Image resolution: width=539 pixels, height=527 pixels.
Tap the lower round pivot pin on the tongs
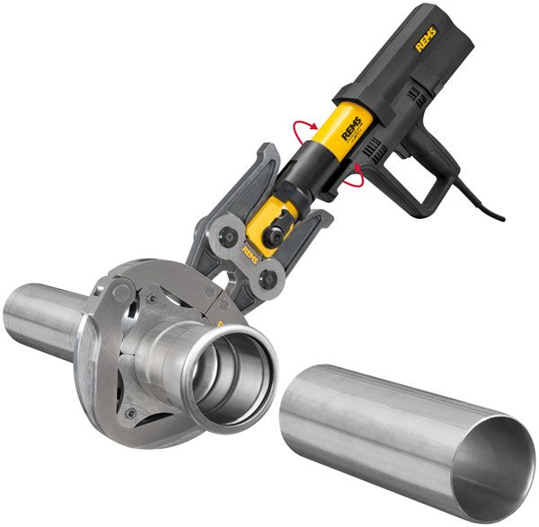coord(264,281)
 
